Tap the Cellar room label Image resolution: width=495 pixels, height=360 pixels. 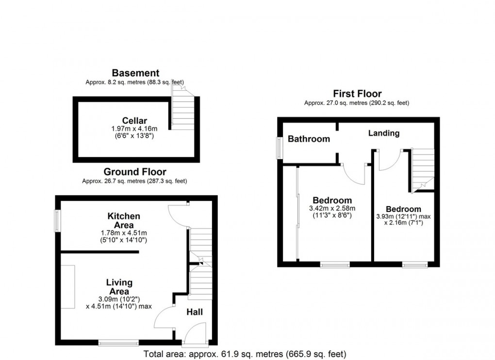click(x=135, y=121)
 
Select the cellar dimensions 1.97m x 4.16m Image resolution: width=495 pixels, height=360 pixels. click(x=135, y=130)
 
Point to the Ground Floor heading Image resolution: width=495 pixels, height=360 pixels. click(x=135, y=172)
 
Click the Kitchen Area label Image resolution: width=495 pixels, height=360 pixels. click(x=124, y=220)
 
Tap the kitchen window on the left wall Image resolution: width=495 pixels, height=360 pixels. click(x=57, y=221)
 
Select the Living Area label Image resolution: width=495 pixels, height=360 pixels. click(x=119, y=287)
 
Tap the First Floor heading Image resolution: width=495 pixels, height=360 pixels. click(x=357, y=94)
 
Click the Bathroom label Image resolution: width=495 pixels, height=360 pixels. click(x=309, y=139)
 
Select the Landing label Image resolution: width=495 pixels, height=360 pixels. click(x=383, y=133)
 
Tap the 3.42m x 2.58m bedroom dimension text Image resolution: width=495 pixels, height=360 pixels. click(x=332, y=209)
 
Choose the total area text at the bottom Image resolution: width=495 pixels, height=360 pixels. click(x=245, y=354)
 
